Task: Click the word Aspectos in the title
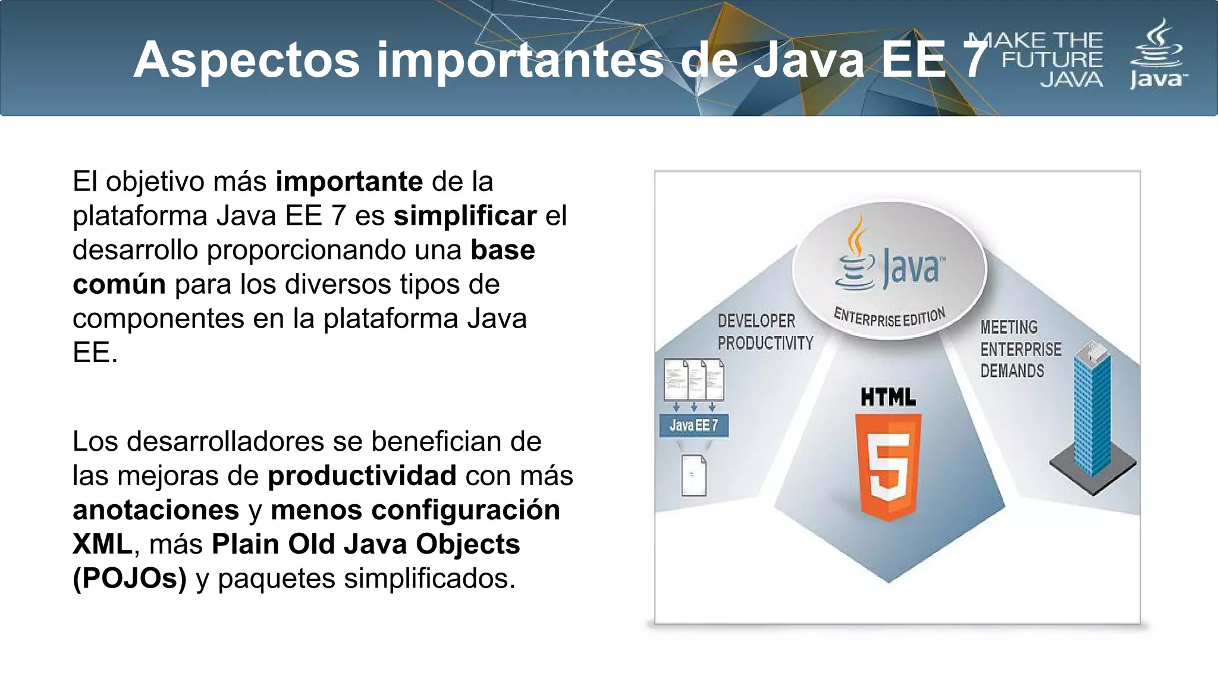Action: coord(246,60)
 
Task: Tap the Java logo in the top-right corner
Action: coord(1157,55)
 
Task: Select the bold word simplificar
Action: coord(464,216)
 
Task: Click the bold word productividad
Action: coord(362,476)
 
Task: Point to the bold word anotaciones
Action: coord(156,510)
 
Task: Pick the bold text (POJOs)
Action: coord(130,579)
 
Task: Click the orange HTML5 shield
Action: coord(888,467)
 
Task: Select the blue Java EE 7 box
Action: coord(693,425)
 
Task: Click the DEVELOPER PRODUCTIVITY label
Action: coord(765,332)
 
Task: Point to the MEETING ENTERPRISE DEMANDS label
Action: coord(1020,349)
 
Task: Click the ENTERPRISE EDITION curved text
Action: coord(889,318)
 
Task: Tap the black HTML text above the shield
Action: coord(888,397)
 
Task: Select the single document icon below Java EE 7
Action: coord(693,475)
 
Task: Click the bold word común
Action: coord(119,284)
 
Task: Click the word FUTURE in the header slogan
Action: coord(1052,60)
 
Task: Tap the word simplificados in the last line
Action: coord(426,579)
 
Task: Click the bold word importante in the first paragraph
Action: coord(349,181)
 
